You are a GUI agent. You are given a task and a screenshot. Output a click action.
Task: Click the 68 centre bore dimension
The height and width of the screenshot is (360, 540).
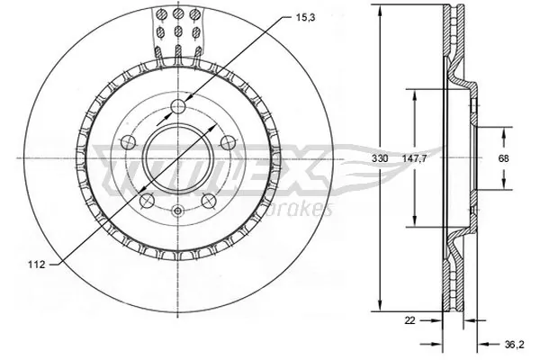click(x=504, y=158)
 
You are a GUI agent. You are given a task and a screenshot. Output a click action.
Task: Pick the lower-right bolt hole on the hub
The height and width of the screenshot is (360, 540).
click(x=209, y=200)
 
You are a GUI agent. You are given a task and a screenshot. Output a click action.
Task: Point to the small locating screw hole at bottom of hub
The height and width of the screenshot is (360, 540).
click(x=178, y=213)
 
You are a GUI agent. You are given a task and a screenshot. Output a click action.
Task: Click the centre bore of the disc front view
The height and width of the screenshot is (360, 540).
click(x=178, y=158)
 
